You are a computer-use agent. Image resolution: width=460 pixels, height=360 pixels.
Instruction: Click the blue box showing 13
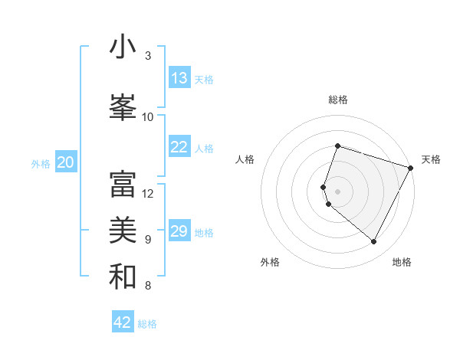pyautogui.click(x=179, y=78)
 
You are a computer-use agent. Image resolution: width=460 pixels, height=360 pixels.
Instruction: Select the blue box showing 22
pyautogui.click(x=179, y=148)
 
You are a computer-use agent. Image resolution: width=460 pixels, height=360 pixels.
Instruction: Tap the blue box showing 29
pyautogui.click(x=179, y=231)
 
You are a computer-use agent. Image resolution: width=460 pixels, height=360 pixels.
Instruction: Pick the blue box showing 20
pyautogui.click(x=66, y=162)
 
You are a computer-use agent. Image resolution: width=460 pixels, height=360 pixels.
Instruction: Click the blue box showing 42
pyautogui.click(x=123, y=322)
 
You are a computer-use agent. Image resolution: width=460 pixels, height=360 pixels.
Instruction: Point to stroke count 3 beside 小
pyautogui.click(x=147, y=56)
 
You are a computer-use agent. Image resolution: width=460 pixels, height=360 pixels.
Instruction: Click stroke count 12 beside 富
pyautogui.click(x=148, y=193)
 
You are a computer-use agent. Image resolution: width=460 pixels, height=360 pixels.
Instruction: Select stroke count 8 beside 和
pyautogui.click(x=147, y=286)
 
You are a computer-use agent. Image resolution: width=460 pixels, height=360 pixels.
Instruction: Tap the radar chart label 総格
pyautogui.click(x=337, y=100)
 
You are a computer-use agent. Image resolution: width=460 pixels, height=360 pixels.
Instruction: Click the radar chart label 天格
pyautogui.click(x=431, y=159)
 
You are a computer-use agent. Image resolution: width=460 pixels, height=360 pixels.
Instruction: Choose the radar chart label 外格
pyautogui.click(x=270, y=262)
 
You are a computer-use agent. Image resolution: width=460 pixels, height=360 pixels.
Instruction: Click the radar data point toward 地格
pyautogui.click(x=373, y=242)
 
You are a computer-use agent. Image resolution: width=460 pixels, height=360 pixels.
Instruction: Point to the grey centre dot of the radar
pyautogui.click(x=337, y=191)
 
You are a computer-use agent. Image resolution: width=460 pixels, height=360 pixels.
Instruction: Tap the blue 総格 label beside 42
pyautogui.click(x=147, y=324)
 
